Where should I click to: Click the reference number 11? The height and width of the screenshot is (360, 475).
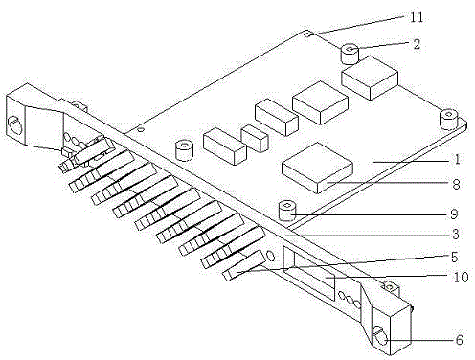(x=417, y=17)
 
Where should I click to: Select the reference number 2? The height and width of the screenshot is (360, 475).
(x=417, y=44)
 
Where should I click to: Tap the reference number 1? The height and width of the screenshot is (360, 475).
(x=458, y=159)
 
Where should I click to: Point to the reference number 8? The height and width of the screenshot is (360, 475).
(x=457, y=184)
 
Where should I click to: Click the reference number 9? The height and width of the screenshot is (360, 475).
(x=454, y=214)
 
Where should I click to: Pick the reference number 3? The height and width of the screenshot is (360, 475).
(x=456, y=235)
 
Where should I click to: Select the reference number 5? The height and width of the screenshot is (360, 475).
(x=455, y=258)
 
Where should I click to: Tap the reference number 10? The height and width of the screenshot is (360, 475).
(x=461, y=277)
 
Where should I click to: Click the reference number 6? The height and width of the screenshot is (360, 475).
(x=459, y=340)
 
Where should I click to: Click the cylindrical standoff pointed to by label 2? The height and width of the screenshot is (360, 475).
(x=350, y=54)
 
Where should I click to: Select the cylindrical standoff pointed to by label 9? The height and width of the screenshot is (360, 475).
(x=287, y=211)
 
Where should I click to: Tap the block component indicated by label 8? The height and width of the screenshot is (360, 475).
(x=317, y=168)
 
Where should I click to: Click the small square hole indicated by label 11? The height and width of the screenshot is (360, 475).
(x=307, y=34)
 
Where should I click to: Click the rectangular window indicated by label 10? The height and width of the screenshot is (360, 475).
(x=309, y=273)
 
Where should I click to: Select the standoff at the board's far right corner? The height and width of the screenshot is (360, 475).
(x=448, y=120)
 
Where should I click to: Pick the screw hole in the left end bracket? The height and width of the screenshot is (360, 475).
(x=14, y=125)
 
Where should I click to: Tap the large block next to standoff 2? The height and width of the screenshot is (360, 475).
(x=370, y=78)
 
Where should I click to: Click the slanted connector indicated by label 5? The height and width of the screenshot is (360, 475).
(x=243, y=265)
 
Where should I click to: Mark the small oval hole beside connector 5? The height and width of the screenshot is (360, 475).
(x=270, y=256)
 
